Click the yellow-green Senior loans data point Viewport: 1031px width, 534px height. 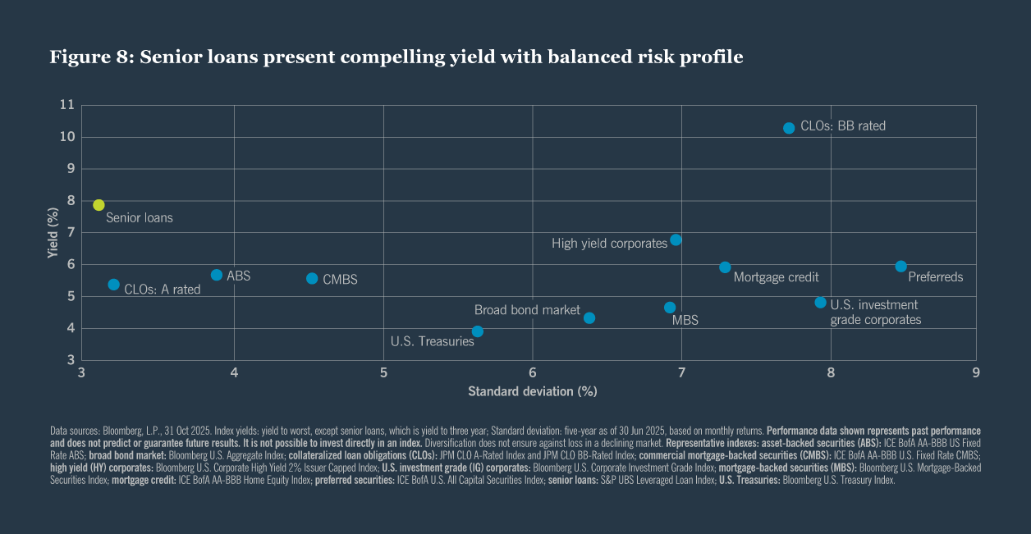(x=99, y=205)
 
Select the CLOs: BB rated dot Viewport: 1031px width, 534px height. (x=789, y=128)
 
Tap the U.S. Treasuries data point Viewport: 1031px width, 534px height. (x=477, y=331)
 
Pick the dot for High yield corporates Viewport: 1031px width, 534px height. (x=676, y=240)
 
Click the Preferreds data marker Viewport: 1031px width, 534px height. (x=900, y=266)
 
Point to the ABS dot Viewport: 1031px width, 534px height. (x=217, y=275)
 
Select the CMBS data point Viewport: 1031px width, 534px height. (x=312, y=278)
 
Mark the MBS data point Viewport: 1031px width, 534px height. (x=670, y=308)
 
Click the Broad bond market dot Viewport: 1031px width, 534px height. (x=589, y=317)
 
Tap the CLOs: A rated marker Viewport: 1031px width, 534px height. (x=114, y=285)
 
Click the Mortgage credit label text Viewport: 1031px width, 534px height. (x=776, y=277)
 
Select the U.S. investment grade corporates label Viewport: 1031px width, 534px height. (x=876, y=312)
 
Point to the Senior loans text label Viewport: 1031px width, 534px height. (x=140, y=218)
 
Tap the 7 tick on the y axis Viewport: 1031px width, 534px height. (x=71, y=233)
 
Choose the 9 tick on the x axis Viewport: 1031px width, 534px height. (x=976, y=373)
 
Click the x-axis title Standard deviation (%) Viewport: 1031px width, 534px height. (x=532, y=391)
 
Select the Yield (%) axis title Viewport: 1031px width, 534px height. (x=53, y=233)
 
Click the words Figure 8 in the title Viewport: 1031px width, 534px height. (x=90, y=57)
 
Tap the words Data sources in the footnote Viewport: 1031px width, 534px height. (x=71, y=431)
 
